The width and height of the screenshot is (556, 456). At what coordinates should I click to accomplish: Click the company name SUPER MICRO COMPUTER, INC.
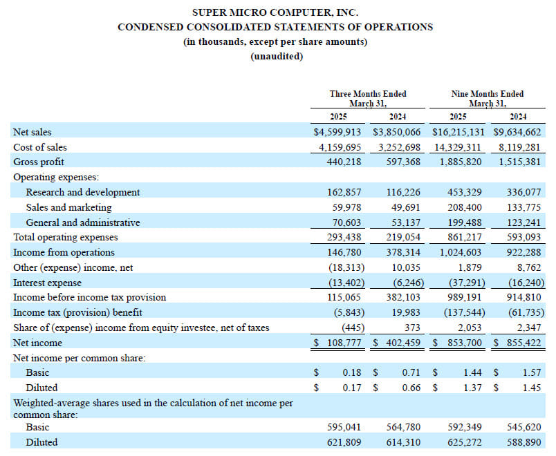pos(275,12)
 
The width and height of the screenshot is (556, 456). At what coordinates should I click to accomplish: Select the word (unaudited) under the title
pos(277,57)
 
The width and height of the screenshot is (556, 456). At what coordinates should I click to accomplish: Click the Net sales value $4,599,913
pos(337,132)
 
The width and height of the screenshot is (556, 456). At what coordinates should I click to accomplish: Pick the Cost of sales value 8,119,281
pos(519,147)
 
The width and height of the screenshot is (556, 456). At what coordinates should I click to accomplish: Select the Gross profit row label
pos(39,162)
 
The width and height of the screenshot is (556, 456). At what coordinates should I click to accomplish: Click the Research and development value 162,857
pos(344,192)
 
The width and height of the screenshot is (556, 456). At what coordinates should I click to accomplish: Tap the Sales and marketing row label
pos(68,207)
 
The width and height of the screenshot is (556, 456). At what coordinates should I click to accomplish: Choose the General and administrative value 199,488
pos(465,222)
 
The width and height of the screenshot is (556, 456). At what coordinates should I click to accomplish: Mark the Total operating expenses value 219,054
pos(403,237)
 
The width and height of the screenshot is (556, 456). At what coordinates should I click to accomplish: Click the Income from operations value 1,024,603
pos(461,252)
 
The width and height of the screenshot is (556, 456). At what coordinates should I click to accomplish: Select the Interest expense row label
pos(47,283)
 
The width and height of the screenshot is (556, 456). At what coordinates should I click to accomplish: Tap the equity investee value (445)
pos(353,327)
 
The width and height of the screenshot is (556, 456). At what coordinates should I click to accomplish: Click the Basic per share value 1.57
pos(532,372)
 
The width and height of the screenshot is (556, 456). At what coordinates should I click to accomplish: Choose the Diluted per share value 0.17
pos(352,388)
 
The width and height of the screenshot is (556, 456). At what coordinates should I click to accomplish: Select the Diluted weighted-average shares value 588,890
pos(523,442)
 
